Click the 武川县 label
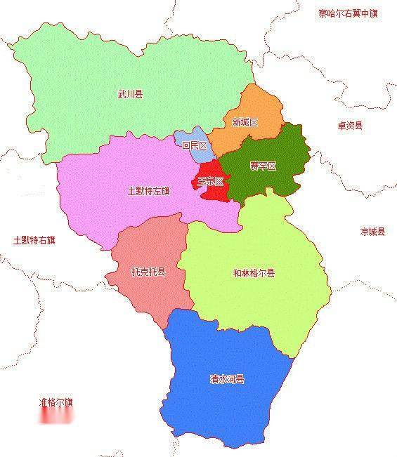tap(130, 93)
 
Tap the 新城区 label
tap(245, 122)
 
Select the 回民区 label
tap(194, 146)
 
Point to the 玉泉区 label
tap(210, 181)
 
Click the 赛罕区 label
tap(263, 166)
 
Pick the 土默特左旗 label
tap(148, 190)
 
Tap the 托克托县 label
tap(148, 272)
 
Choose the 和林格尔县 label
tap(254, 273)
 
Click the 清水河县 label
tap(227, 379)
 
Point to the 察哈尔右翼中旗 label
tap(347, 13)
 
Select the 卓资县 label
tap(349, 126)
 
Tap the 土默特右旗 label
tap(34, 240)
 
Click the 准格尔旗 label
tap(56, 402)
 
